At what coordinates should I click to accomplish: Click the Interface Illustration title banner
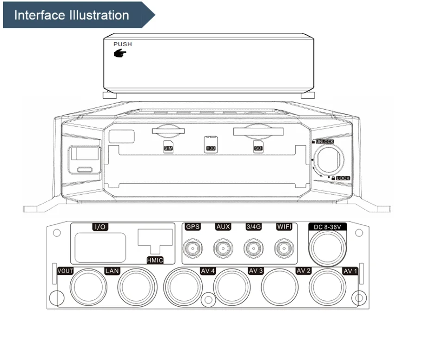(72, 15)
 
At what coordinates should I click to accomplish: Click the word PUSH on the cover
(123, 44)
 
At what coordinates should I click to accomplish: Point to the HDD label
(211, 148)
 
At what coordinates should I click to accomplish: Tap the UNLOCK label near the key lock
(324, 141)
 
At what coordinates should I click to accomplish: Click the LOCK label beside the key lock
(343, 178)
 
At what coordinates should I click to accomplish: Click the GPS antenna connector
(192, 249)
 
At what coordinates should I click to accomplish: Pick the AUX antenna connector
(223, 249)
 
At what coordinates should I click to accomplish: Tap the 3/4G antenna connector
(253, 249)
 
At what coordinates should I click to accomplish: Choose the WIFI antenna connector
(283, 249)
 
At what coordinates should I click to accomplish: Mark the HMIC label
(155, 260)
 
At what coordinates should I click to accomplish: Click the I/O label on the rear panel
(100, 227)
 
